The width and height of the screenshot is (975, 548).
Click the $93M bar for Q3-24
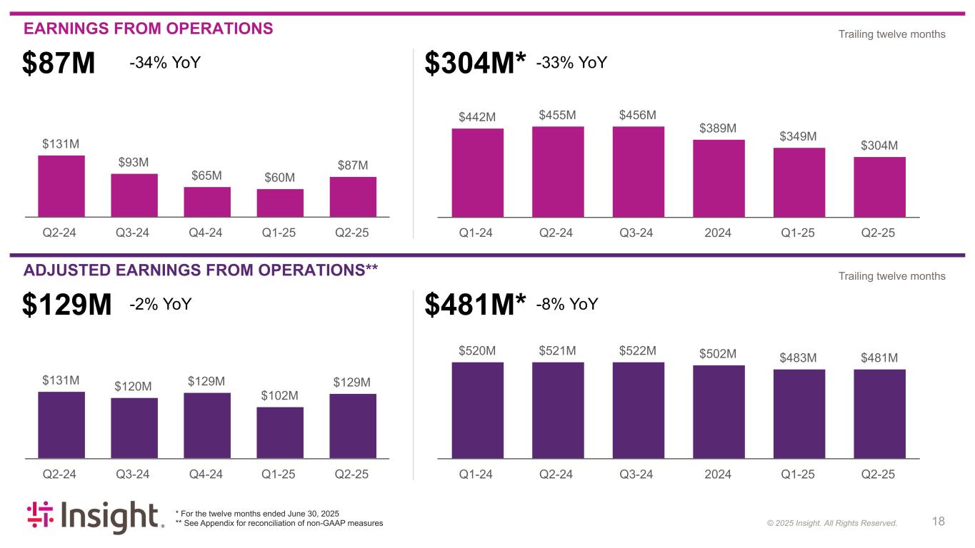(x=134, y=195)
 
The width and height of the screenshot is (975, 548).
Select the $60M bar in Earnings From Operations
(x=280, y=203)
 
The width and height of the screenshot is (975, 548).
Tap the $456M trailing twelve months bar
(x=638, y=171)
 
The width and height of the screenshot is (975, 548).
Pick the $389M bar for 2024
(x=719, y=178)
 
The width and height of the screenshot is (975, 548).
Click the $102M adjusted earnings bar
(x=280, y=432)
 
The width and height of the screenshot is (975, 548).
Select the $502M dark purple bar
(x=719, y=412)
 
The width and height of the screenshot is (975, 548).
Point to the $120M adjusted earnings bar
(x=134, y=427)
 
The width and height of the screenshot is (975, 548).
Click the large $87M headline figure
(x=59, y=64)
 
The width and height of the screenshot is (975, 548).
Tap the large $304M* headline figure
(x=475, y=64)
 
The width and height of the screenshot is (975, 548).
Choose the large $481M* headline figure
(x=475, y=305)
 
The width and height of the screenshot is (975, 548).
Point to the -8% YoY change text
(x=566, y=305)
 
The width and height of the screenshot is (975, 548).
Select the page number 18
(x=939, y=522)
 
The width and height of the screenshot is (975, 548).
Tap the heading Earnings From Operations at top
(x=149, y=29)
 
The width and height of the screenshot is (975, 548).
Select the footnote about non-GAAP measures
(x=279, y=524)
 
